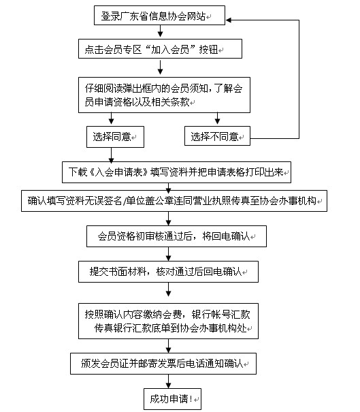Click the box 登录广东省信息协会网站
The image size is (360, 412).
[x=159, y=15]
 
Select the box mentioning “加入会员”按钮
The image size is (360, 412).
[x=160, y=49]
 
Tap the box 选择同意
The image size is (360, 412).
[x=115, y=137]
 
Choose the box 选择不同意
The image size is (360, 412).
[x=217, y=136]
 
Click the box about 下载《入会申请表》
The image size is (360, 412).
[x=176, y=172]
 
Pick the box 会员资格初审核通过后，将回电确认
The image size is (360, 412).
[x=176, y=236]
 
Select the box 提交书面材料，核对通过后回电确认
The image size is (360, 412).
[x=168, y=272]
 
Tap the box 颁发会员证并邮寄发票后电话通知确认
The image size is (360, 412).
[x=163, y=364]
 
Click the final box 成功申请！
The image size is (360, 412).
[x=173, y=399]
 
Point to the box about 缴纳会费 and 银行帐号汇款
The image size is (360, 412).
[x=168, y=321]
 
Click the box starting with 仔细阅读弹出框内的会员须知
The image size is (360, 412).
[x=164, y=95]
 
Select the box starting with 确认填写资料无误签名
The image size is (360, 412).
[x=174, y=201]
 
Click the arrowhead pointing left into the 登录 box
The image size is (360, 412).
[x=229, y=20]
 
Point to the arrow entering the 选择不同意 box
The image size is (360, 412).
[x=217, y=118]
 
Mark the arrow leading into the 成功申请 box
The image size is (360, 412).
[x=169, y=381]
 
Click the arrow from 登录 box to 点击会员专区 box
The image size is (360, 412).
[x=160, y=31]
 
